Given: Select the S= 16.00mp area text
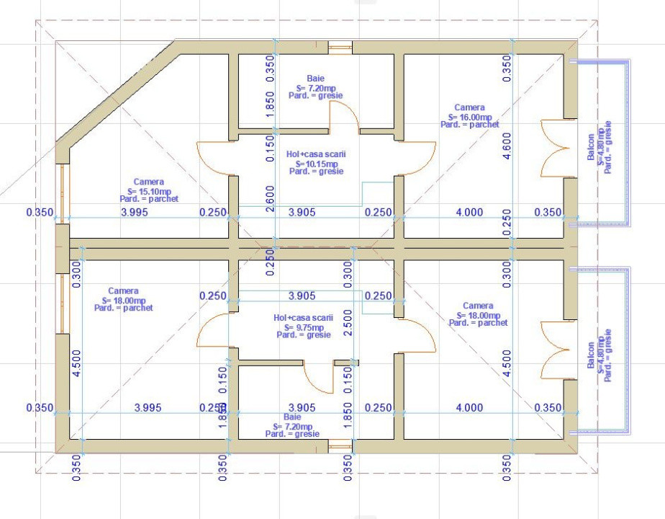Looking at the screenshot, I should pyautogui.click(x=469, y=116).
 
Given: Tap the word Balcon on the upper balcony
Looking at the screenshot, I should pyautogui.click(x=591, y=146).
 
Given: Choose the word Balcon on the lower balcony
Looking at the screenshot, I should pyautogui.click(x=591, y=356).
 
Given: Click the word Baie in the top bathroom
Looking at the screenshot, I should pyautogui.click(x=315, y=78).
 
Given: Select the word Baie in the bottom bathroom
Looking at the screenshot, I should pyautogui.click(x=292, y=417).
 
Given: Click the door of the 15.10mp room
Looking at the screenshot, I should pyautogui.click(x=214, y=158).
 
